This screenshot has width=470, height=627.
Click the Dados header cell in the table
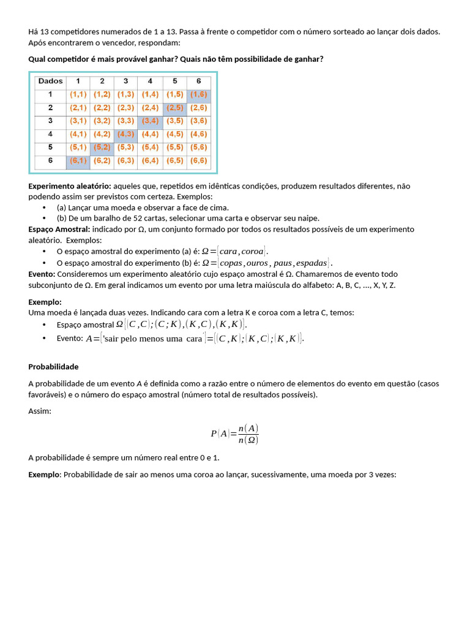tap(50, 81)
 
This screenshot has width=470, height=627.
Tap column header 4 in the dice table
tap(150, 81)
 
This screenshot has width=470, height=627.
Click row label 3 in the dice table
tap(50, 121)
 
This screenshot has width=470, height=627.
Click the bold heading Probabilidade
tap(53, 367)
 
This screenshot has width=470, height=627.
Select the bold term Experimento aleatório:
tap(70, 186)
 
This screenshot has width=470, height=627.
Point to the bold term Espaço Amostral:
tap(59, 229)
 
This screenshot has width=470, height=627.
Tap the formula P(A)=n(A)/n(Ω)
tap(234, 434)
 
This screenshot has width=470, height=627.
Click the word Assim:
tap(40, 411)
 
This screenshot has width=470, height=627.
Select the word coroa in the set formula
tap(252, 251)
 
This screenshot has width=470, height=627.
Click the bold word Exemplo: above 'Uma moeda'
tap(45, 302)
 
